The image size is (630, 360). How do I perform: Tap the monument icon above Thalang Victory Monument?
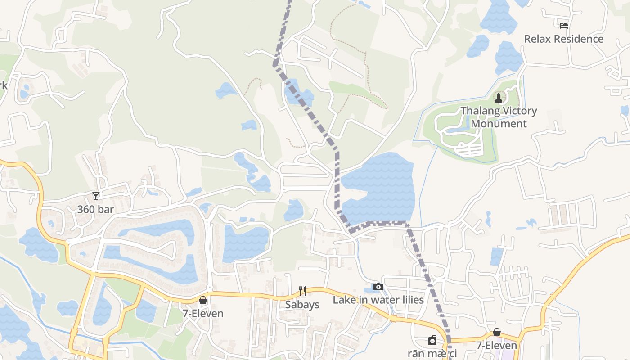pyautogui.click(x=499, y=98)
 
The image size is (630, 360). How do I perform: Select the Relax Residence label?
pyautogui.click(x=563, y=39)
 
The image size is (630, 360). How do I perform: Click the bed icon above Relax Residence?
pyautogui.click(x=564, y=26)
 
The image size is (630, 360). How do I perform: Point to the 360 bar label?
pyautogui.click(x=95, y=209)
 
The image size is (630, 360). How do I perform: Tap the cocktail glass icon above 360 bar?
pyautogui.click(x=95, y=196)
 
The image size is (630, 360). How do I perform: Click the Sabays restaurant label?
pyautogui.click(x=302, y=305)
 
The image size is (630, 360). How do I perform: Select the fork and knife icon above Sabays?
pyautogui.click(x=302, y=291)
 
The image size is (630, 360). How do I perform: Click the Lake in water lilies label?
pyautogui.click(x=378, y=300)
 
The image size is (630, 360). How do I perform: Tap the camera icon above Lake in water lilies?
pyautogui.click(x=378, y=287)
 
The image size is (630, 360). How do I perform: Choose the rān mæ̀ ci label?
pyautogui.click(x=432, y=354)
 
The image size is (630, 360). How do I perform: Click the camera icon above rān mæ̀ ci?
pyautogui.click(x=432, y=340)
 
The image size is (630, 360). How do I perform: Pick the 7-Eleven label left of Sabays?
pyautogui.click(x=203, y=313)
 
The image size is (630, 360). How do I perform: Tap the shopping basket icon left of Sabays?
pyautogui.click(x=203, y=300)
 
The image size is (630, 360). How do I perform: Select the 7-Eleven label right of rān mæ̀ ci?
pyautogui.click(x=496, y=346)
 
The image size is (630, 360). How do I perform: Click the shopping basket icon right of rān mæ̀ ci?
pyautogui.click(x=497, y=332)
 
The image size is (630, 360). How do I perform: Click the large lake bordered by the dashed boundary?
pyautogui.click(x=380, y=189)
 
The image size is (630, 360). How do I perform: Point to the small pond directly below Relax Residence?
pyautogui.click(x=508, y=58)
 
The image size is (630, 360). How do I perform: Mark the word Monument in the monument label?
pyautogui.click(x=499, y=123)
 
